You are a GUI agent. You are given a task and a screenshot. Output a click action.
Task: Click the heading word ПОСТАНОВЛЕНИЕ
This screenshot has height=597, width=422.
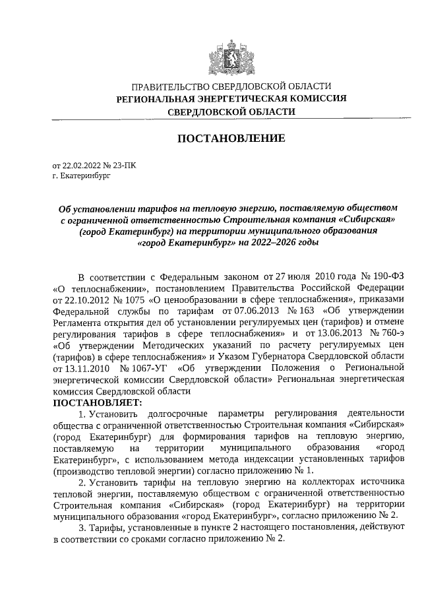click(x=230, y=139)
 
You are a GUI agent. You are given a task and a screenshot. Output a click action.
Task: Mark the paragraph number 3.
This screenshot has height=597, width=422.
click(x=81, y=528)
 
